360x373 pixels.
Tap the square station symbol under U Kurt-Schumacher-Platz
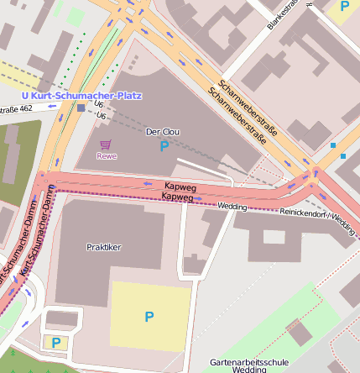[81, 108]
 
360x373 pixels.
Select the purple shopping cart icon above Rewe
[105, 144]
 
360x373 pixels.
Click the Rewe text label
[106, 155]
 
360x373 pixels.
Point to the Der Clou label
[164, 133]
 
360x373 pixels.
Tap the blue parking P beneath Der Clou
[164, 147]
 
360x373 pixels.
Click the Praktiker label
[104, 247]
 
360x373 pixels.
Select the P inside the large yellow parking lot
[149, 317]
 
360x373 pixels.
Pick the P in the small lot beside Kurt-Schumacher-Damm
[55, 342]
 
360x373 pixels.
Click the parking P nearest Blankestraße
[344, 7]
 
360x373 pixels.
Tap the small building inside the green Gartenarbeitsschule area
[300, 332]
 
